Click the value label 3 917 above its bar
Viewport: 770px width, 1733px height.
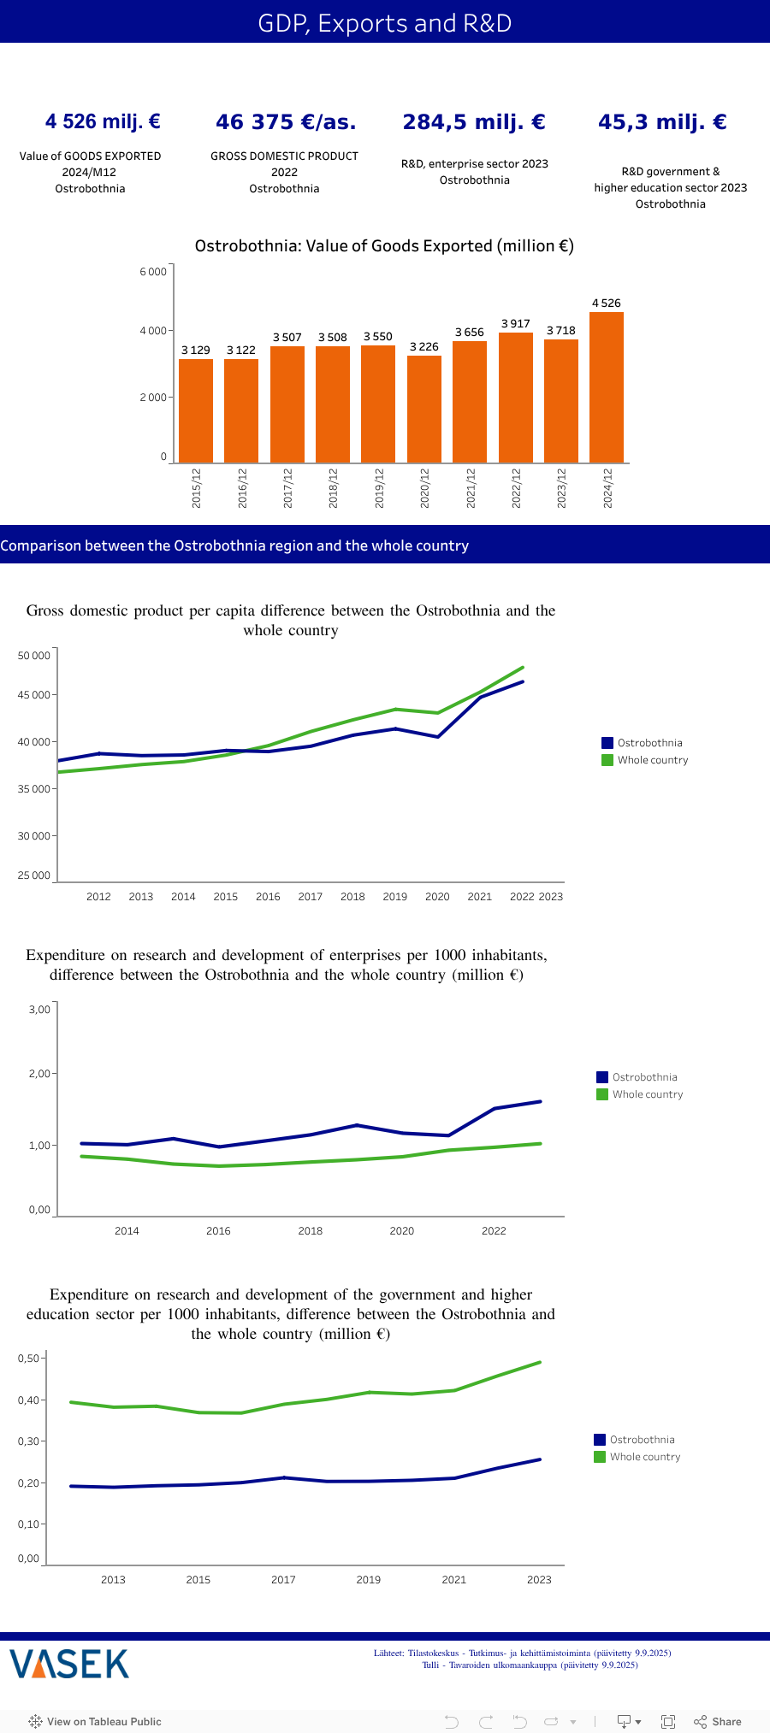point(515,324)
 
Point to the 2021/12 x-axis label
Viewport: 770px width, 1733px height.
point(471,488)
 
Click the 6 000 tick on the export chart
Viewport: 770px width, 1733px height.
point(153,272)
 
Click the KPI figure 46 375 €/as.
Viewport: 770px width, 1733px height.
point(286,122)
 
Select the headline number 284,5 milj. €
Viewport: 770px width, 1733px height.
point(474,122)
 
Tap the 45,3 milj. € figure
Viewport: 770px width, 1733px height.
point(662,122)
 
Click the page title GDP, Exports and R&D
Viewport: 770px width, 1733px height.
point(385,23)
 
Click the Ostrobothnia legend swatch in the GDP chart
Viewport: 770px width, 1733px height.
point(607,743)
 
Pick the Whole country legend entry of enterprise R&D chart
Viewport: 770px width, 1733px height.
point(647,1094)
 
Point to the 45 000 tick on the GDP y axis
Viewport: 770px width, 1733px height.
point(34,695)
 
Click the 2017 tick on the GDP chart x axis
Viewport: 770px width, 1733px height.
point(310,897)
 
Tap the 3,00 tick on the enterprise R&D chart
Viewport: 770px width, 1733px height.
point(39,1010)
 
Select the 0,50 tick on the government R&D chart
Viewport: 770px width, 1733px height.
point(28,1359)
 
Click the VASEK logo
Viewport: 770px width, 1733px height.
point(69,1664)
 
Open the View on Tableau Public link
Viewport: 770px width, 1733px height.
point(95,1722)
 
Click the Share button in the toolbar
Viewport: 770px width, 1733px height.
point(718,1722)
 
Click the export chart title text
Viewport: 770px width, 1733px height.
point(384,246)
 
